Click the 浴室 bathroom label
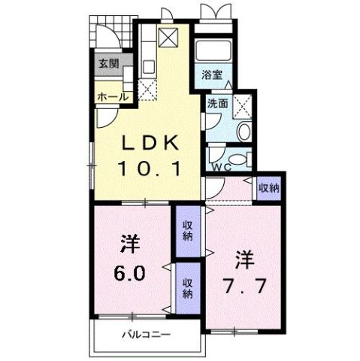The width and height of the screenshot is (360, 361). click(x=211, y=74)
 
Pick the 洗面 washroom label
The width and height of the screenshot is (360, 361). click(x=217, y=105)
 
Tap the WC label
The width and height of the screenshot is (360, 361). click(x=219, y=166)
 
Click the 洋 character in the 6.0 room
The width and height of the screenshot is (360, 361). click(x=129, y=244)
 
